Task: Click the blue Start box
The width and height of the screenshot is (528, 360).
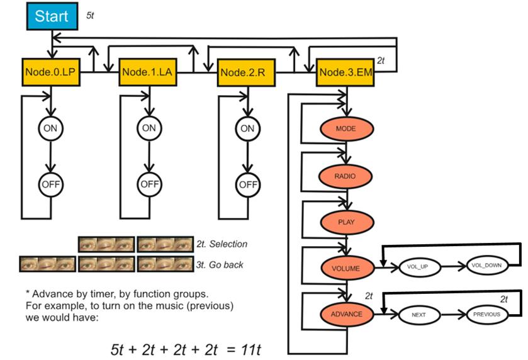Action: point(52,17)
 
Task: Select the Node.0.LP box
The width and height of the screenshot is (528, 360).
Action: point(51,73)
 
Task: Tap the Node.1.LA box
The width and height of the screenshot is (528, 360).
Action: point(147,73)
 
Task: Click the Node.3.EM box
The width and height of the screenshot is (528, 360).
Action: point(345,72)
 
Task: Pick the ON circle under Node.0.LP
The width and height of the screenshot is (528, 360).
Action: point(50,128)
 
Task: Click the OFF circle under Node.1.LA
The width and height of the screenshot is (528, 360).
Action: point(149,184)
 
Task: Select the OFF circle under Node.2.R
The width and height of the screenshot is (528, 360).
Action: point(247,185)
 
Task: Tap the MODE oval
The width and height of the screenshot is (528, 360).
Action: point(346,128)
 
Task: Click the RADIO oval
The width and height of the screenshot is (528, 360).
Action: point(346,176)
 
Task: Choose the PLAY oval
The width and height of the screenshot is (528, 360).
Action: point(346,222)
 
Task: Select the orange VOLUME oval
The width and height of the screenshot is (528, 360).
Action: point(346,268)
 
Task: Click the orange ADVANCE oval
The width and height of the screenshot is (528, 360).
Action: point(346,313)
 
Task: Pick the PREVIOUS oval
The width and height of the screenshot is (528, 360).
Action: point(486,313)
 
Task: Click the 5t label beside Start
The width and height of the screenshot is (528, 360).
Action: point(90,14)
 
